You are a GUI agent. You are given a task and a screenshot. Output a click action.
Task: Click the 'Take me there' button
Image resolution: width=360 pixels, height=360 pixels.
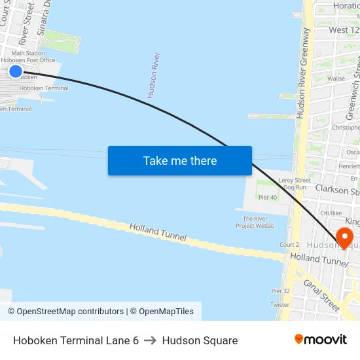180,160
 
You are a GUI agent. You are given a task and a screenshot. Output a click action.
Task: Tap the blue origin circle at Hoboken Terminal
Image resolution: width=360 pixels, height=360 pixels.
16,71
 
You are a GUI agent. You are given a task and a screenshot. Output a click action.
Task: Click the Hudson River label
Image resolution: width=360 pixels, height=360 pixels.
154,75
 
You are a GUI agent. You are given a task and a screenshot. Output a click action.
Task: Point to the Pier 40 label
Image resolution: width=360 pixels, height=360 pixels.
267,197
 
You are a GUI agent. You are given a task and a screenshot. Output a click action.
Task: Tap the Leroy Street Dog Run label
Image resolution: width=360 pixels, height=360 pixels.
295,183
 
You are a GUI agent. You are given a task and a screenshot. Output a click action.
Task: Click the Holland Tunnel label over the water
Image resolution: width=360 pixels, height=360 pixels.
158,232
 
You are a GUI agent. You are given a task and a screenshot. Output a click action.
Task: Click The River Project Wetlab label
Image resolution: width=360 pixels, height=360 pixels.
255,223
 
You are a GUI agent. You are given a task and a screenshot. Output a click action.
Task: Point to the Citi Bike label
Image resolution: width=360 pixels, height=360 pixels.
331,213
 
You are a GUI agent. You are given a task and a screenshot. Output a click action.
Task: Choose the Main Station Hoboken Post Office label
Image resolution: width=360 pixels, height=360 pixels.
33,57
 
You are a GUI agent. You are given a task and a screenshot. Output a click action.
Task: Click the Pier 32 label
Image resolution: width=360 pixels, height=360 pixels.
280,291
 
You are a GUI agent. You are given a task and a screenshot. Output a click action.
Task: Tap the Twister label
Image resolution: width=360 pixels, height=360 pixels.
279,305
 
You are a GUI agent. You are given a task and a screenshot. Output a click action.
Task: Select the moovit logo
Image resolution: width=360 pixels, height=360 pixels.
321,339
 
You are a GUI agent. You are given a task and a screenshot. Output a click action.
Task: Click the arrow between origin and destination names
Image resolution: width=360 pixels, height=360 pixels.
151,340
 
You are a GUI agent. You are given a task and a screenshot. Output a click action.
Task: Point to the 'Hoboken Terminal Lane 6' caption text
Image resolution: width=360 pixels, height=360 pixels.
76,340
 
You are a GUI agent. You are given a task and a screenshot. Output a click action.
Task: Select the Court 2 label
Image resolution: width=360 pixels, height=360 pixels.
289,245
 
